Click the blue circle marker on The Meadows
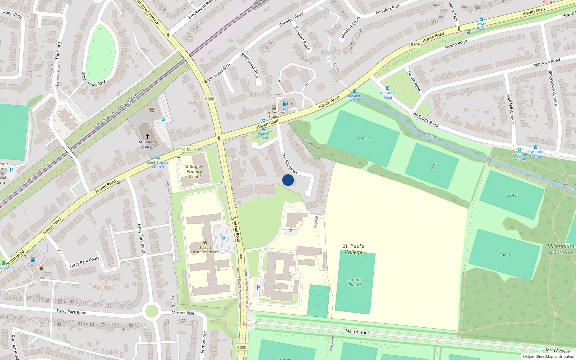pyautogui.click(x=288, y=180)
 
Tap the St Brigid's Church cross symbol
pyautogui.click(x=147, y=136)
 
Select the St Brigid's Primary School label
pyautogui.click(x=194, y=171)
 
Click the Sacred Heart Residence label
pyautogui.click(x=205, y=249)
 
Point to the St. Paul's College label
pyautogui.click(x=354, y=249)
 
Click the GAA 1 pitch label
pyautogui.click(x=363, y=139)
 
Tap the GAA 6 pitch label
pyautogui.click(x=504, y=255)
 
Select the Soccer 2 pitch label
pyautogui.click(x=432, y=166)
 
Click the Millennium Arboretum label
pyautogui.click(x=561, y=249)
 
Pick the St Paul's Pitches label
pyautogui.click(x=355, y=282)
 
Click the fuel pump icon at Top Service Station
pyautogui.click(x=285, y=104)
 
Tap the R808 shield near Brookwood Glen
pyautogui.click(x=210, y=99)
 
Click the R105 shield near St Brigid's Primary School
pyautogui.click(x=186, y=149)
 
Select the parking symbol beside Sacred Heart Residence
pyautogui.click(x=223, y=238)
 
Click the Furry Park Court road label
pyautogui.click(x=84, y=262)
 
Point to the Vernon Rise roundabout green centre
pyautogui.click(x=152, y=310)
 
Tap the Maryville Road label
pyautogui.click(x=546, y=62)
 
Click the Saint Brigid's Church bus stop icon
pyautogui.click(x=158, y=158)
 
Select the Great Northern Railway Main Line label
pyautogui.click(x=119, y=108)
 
